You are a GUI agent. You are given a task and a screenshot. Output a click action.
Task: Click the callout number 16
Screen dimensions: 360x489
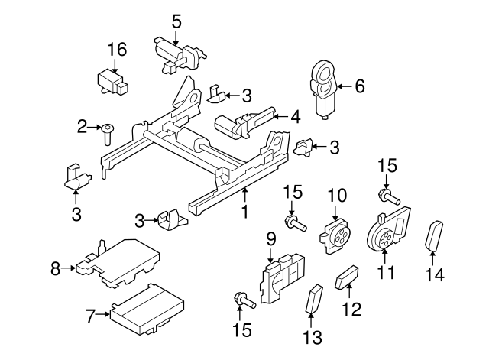(x=116, y=50)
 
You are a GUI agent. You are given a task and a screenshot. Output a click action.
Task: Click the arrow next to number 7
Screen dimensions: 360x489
(x=102, y=313)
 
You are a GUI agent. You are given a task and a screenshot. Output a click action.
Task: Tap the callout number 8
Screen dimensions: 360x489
(x=55, y=268)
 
